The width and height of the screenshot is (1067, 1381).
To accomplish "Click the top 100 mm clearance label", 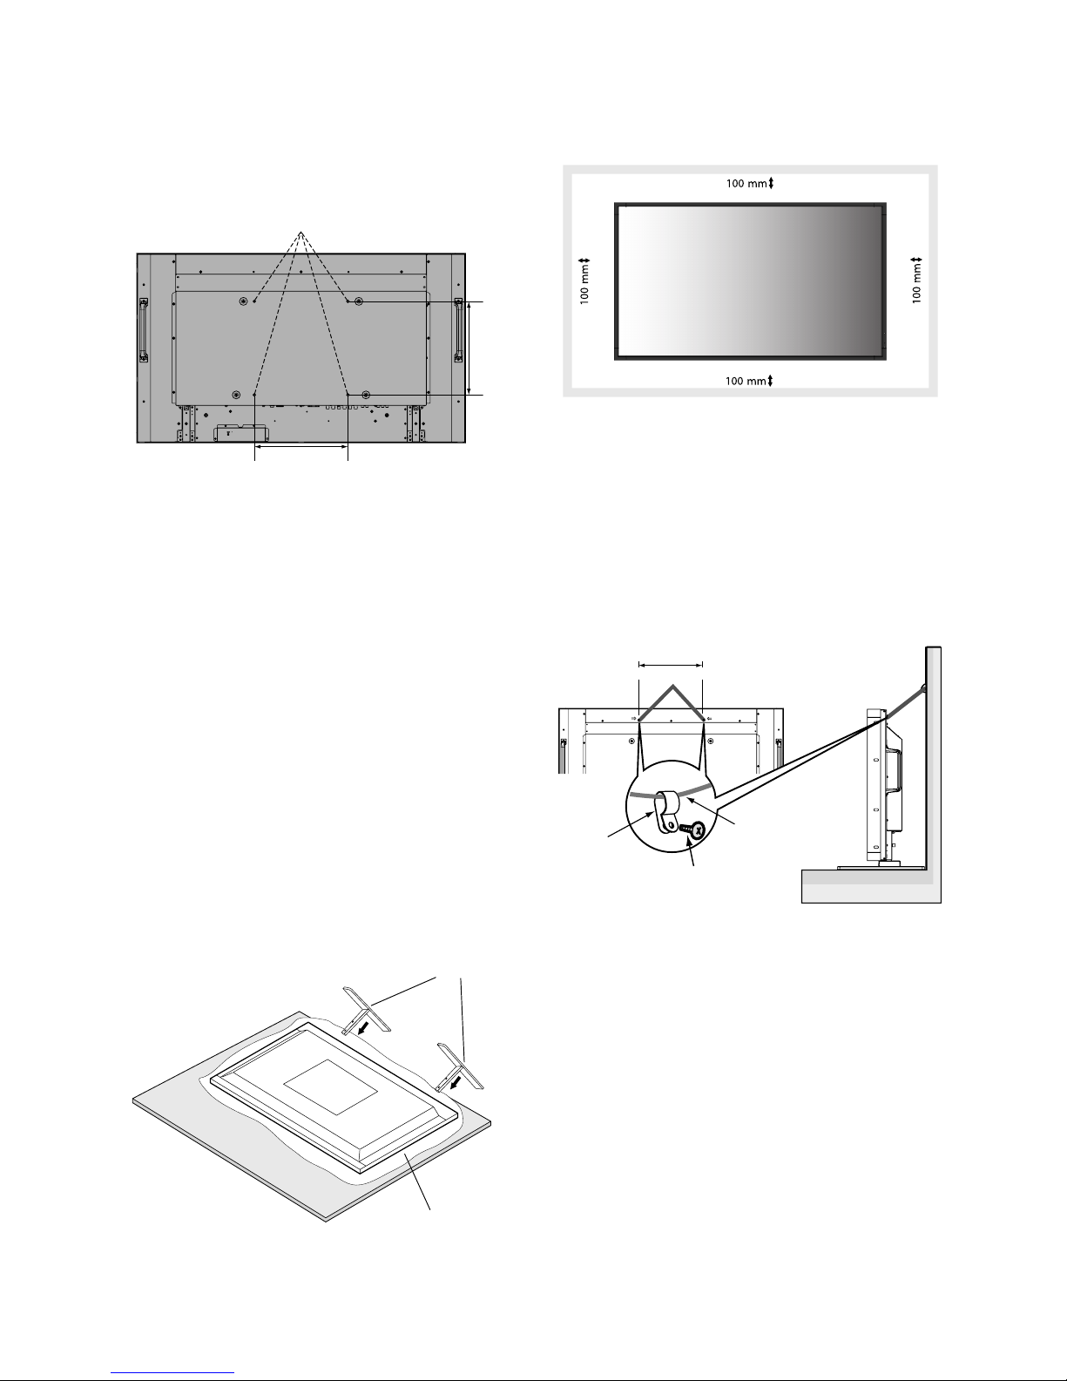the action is (747, 184).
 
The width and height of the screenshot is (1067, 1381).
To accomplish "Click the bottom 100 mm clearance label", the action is (746, 382).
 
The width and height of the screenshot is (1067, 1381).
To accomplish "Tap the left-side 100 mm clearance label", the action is (585, 284).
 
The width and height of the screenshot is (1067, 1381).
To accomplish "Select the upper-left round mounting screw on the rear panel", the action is (244, 301).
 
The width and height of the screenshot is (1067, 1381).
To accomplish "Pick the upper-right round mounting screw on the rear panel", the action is (358, 301).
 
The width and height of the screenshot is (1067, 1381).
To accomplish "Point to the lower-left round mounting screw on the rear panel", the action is (236, 395).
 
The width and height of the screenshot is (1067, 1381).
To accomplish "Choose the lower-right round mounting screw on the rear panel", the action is (366, 395).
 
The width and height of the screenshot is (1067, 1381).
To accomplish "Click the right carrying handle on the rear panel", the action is (458, 330).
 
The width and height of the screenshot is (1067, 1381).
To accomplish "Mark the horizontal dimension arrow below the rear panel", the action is (301, 447).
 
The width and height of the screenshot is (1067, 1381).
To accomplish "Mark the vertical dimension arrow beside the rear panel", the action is (469, 349).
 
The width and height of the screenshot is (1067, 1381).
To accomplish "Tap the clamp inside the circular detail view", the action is (665, 811).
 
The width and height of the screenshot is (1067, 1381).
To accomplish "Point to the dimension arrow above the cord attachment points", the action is (671, 666).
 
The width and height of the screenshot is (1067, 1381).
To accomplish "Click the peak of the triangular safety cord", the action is (672, 687).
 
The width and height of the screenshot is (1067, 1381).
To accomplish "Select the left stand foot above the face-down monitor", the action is (367, 1010).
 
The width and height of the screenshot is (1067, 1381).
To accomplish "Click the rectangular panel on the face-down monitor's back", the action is (330, 1087).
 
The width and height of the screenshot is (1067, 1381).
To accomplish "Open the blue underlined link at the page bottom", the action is (172, 1372).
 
